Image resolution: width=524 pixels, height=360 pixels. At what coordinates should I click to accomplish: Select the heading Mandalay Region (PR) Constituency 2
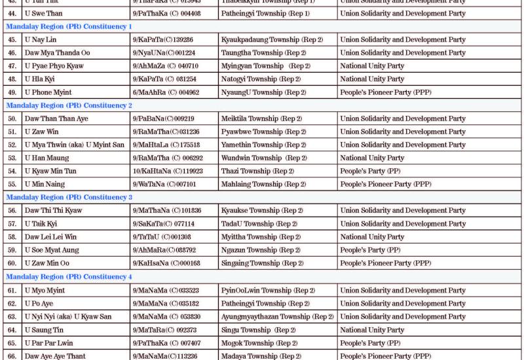tap(69, 105)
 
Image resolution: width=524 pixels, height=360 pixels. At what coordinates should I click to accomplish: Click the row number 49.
tap(12, 92)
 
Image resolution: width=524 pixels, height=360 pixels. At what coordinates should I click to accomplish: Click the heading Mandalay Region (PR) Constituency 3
tap(69, 197)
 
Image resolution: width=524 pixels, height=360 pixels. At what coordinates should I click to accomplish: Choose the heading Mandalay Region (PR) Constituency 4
tap(69, 277)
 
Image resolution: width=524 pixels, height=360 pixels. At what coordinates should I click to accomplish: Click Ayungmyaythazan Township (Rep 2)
tap(278, 317)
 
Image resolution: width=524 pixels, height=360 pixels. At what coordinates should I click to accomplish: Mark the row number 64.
tap(12, 330)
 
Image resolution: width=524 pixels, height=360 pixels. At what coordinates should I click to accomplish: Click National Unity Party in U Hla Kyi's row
tap(373, 79)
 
